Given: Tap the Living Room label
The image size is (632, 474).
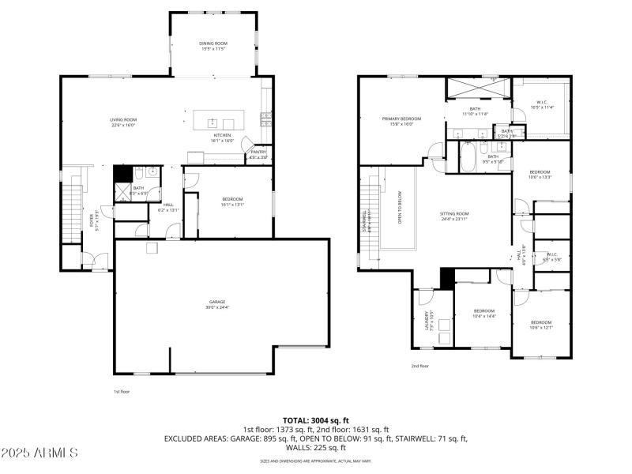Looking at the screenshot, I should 124,122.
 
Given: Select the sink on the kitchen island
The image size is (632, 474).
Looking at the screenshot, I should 213,122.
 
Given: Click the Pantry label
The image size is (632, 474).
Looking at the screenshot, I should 259,154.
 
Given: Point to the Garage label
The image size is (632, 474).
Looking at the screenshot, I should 217,303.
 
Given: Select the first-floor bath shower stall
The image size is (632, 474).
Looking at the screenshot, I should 122,190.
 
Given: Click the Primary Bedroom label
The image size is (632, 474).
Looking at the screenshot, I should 401,121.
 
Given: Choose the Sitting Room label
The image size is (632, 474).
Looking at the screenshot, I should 454,216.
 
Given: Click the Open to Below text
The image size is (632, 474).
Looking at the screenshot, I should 400,209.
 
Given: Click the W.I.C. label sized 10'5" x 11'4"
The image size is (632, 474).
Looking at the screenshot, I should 542,103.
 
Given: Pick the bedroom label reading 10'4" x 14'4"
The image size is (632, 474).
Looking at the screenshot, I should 483,313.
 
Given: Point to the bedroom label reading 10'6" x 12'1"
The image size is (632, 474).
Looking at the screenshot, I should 541,325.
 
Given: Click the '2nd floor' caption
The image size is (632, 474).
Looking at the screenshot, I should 419,366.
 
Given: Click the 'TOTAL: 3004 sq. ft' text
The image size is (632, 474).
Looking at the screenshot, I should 315,420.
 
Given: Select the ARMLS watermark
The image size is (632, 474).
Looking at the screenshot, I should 39,453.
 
